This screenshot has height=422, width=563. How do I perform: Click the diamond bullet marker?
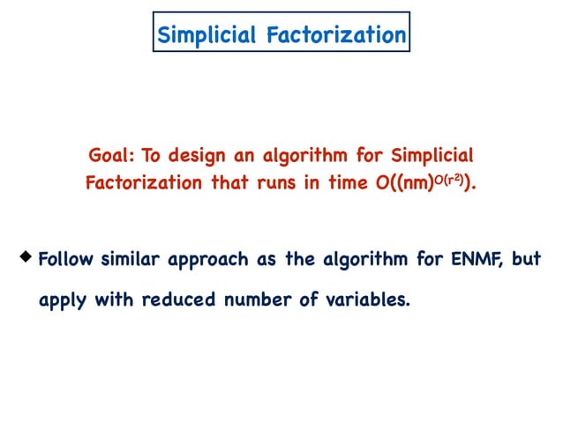coord(26,257)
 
